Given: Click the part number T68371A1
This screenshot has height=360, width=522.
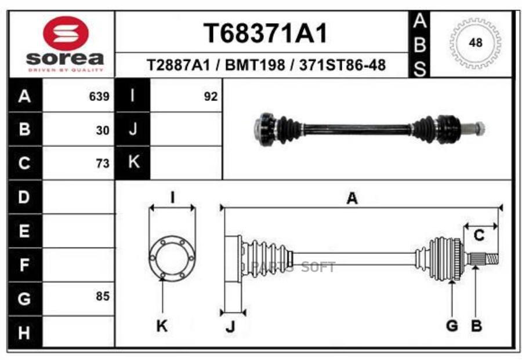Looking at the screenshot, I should click(x=265, y=34).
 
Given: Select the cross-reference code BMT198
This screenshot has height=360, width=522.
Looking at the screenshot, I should click(x=255, y=65).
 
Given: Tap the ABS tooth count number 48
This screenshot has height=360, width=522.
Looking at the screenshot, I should click(x=475, y=43).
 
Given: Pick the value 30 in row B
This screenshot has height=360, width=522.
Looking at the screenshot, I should click(x=103, y=130).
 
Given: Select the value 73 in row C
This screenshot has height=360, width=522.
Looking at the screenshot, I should click(x=103, y=164).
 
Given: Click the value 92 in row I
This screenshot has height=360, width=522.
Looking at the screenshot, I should click(x=211, y=97).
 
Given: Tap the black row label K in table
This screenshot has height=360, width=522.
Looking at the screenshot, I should click(x=133, y=162).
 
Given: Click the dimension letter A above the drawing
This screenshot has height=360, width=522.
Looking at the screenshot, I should click(x=351, y=199).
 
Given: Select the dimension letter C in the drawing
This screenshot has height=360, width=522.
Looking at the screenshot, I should click(x=479, y=236).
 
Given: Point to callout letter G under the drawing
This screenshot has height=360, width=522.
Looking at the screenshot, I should click(x=452, y=326).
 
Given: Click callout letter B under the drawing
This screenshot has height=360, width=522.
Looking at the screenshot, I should click(x=476, y=326).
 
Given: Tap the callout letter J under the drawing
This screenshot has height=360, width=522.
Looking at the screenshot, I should click(x=230, y=328).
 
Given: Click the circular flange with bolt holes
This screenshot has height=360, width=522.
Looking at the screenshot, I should click(x=171, y=256).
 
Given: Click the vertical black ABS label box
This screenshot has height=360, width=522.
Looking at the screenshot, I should click(x=420, y=45).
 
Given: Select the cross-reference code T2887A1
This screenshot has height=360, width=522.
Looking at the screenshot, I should click(x=178, y=65).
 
